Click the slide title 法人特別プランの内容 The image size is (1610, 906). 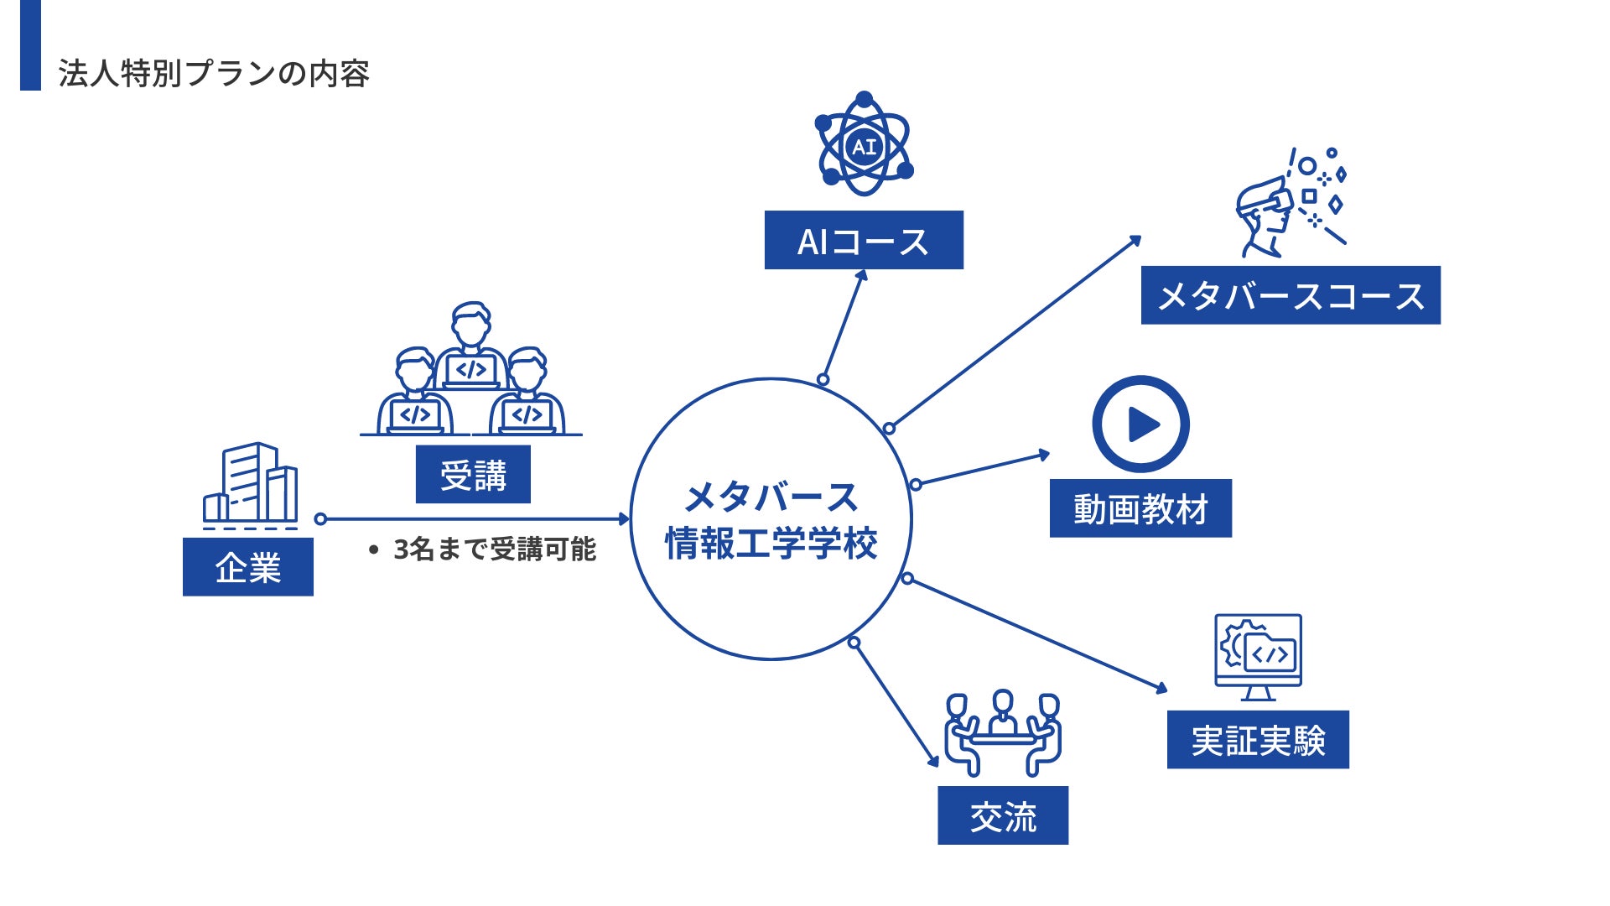click(214, 74)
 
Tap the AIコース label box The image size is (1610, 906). click(864, 241)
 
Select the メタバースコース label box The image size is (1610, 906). click(1291, 295)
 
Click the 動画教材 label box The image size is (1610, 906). click(1140, 508)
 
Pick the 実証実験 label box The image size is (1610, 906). click(1258, 740)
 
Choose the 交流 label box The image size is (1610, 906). click(1003, 815)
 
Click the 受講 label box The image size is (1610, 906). click(473, 475)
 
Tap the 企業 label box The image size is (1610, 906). click(248, 567)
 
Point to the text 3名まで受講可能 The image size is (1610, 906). click(494, 549)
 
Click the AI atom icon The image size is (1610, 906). click(864, 145)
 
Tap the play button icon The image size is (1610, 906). click(1140, 424)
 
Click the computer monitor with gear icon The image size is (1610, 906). click(1258, 656)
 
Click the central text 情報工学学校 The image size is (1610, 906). click(771, 544)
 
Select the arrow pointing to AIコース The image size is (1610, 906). click(844, 325)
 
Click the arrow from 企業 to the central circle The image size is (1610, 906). click(474, 519)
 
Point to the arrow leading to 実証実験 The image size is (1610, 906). click(1036, 634)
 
